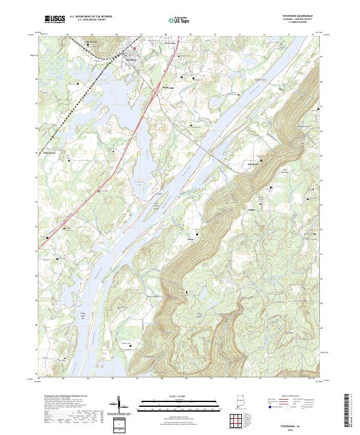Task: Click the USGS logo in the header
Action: tap(56, 19)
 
